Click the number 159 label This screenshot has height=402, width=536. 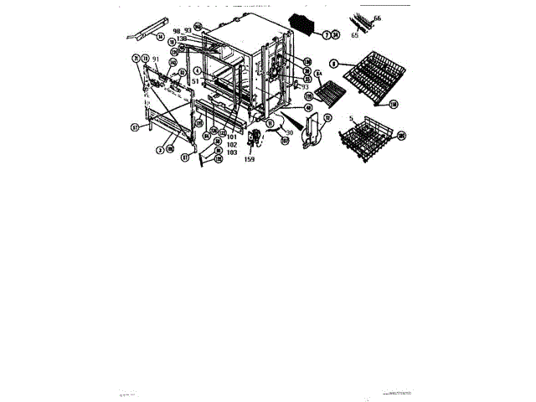[x=250, y=160]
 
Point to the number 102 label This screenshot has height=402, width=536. [x=231, y=144]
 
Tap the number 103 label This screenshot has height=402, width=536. [x=231, y=152]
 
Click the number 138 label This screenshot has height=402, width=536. [x=181, y=39]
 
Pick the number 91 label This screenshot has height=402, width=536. [x=155, y=59]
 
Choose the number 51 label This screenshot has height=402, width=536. [x=195, y=80]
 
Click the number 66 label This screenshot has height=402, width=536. [x=377, y=18]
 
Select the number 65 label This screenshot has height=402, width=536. [x=355, y=36]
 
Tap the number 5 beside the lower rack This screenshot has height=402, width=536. [x=351, y=118]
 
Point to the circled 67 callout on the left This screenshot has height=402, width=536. [x=133, y=128]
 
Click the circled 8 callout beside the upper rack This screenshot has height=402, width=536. [x=332, y=63]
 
